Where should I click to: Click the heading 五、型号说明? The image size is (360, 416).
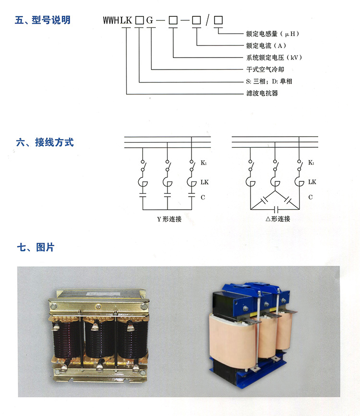coord(43,20)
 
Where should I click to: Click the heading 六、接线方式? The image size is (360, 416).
coord(45,142)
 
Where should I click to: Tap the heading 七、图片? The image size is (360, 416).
coord(36,247)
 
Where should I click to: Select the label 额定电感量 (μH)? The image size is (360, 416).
coord(273,34)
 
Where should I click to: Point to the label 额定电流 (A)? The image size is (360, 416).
coord(266,46)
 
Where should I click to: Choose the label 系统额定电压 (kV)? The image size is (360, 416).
coord(274,58)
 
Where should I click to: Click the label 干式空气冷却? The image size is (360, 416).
coord(265,70)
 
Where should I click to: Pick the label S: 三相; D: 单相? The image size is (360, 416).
coord(269,82)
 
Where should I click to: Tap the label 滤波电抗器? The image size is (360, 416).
coord(262,93)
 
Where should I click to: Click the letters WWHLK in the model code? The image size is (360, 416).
coord(117,20)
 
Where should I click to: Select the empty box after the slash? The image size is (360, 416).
coord(218,20)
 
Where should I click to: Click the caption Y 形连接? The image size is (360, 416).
coord(169,219)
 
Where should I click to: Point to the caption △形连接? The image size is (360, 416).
coord(278,219)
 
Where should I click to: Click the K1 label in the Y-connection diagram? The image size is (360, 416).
coord(204,163)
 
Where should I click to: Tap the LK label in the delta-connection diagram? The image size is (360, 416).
coord(312,182)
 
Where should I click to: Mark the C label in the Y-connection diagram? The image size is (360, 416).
coord(203,197)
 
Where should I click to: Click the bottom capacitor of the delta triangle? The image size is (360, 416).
coord(276,210)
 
